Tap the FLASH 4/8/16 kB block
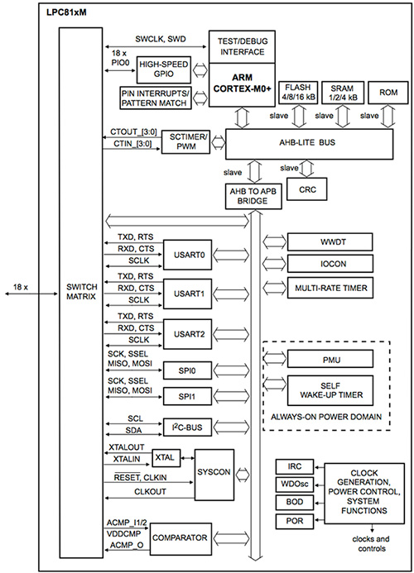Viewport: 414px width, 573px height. pos(298,92)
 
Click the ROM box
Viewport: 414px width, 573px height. pos(387,92)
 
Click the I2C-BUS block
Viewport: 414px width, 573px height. pos(187,427)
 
